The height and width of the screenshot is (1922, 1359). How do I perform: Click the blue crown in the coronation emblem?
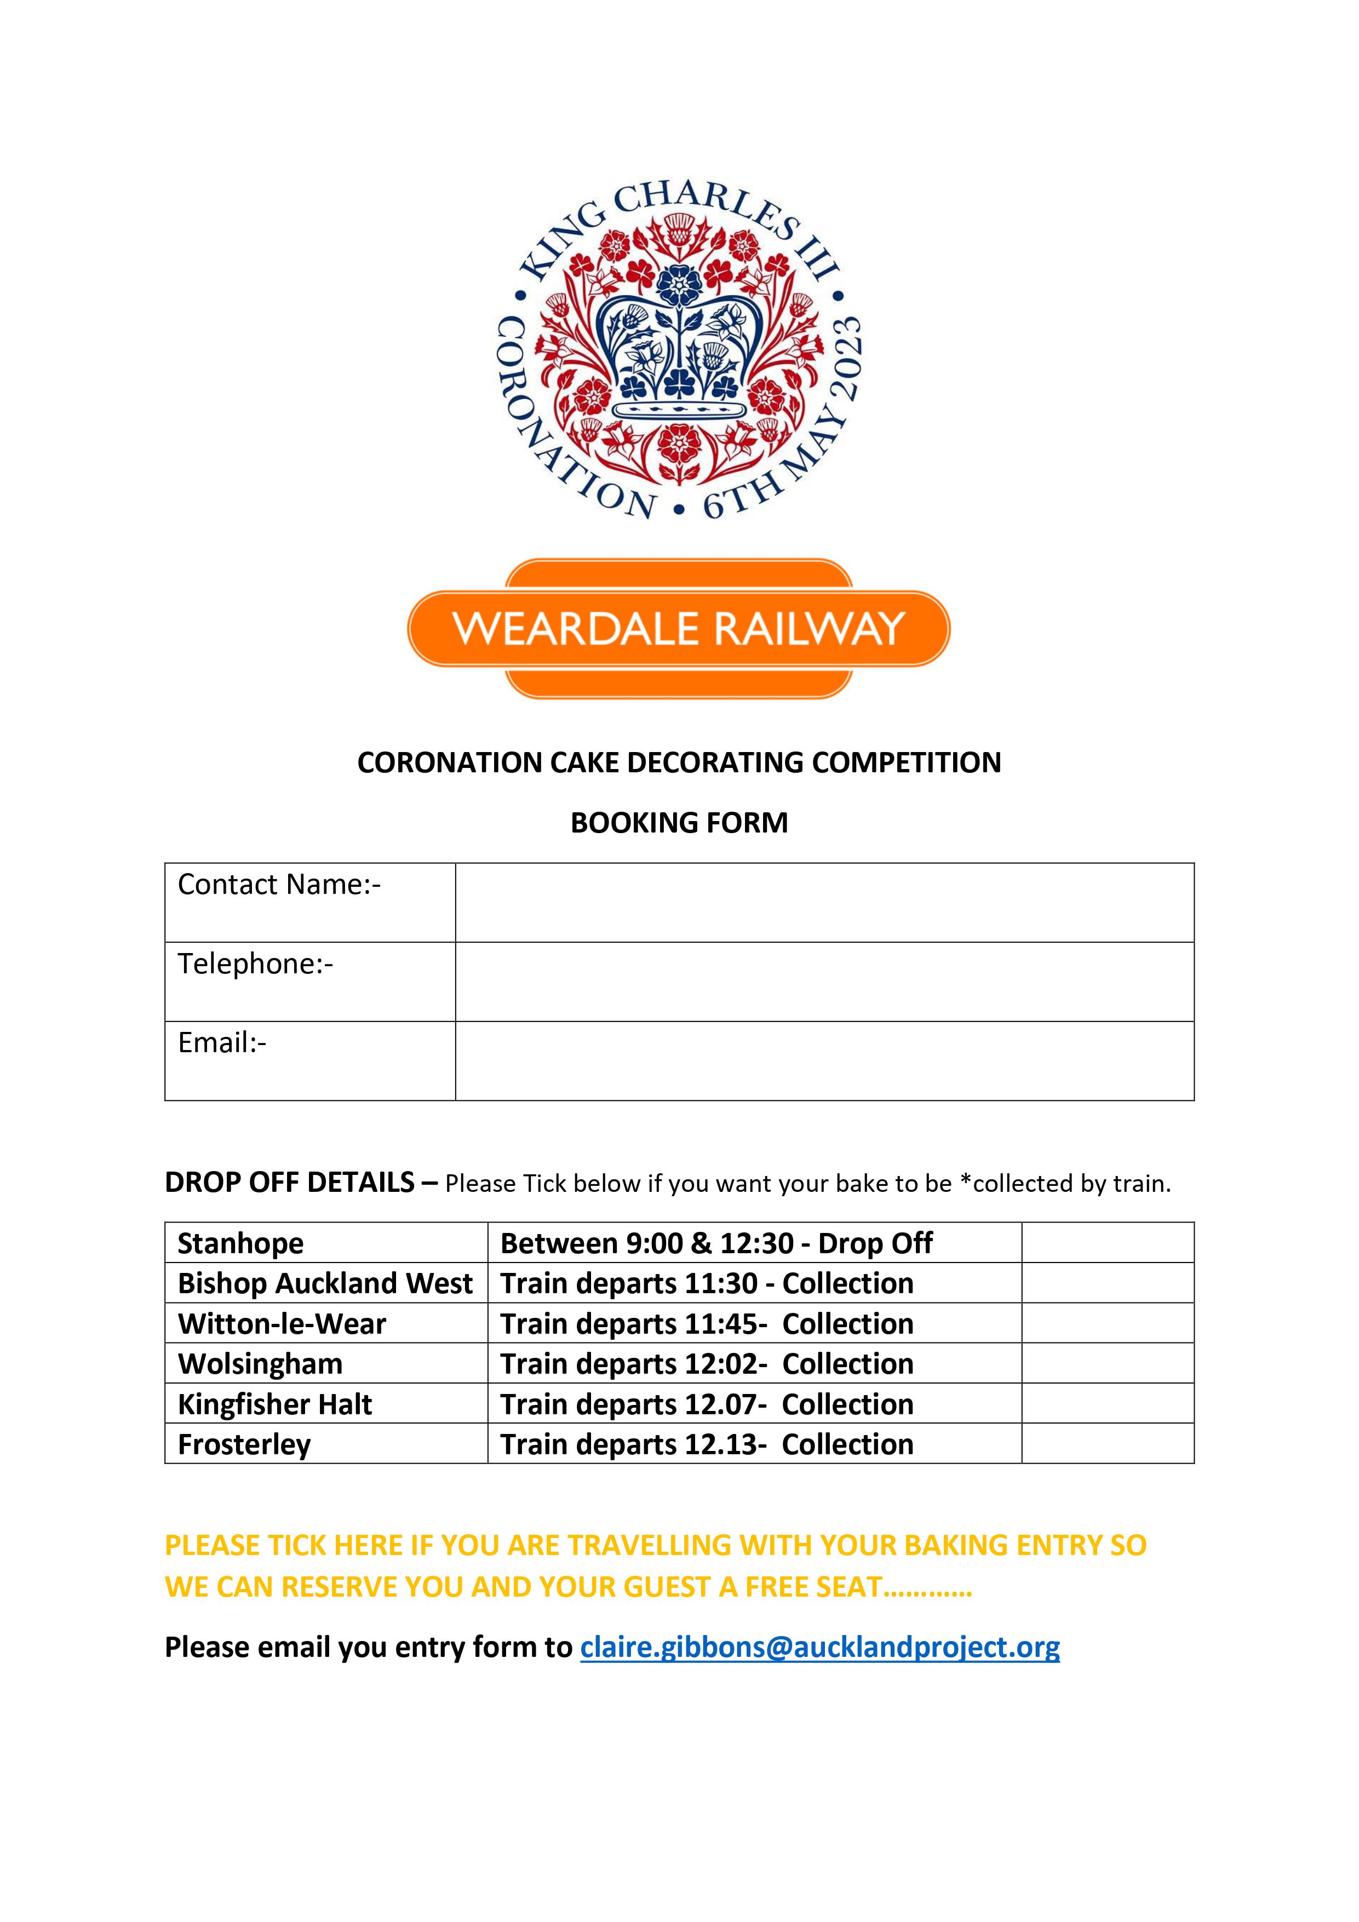(x=678, y=352)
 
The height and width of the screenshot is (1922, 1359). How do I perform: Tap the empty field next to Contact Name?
(x=824, y=903)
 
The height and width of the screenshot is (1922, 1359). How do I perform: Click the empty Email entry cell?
(x=824, y=1060)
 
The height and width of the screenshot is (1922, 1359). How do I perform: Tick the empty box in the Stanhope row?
(x=1107, y=1242)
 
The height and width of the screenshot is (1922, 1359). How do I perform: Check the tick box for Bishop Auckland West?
(x=1107, y=1282)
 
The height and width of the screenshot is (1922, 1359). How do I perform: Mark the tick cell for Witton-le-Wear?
(x=1107, y=1323)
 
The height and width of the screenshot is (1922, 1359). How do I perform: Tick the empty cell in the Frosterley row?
(x=1107, y=1443)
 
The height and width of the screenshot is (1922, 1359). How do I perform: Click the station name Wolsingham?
(x=260, y=1364)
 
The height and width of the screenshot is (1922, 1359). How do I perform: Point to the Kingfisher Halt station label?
(x=274, y=1404)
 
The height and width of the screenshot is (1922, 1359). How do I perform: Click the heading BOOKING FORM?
(x=679, y=823)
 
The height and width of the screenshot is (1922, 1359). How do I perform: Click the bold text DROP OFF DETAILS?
(x=290, y=1182)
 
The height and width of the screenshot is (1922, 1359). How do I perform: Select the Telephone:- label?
(x=255, y=963)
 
